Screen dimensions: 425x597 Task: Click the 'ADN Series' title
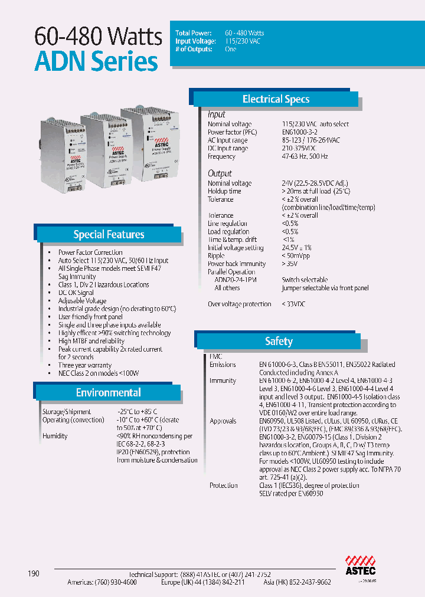(96, 61)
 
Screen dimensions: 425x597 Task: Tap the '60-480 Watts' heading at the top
(98, 37)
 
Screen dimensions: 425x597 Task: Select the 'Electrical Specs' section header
(276, 99)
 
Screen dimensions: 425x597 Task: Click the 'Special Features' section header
(109, 234)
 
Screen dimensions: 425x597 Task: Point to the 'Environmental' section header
(108, 392)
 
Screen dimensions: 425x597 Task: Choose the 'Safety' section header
(279, 341)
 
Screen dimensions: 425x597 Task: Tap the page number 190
(33, 573)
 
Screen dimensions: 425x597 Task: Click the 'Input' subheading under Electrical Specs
(216, 114)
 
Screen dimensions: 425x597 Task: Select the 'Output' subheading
(220, 173)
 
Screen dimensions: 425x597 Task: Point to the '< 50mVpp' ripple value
(297, 256)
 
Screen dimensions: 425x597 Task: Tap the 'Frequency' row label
(221, 157)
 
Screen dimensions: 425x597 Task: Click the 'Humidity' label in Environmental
(54, 436)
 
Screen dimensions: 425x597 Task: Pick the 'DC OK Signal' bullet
(76, 293)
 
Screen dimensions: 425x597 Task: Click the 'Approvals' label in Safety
(223, 421)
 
